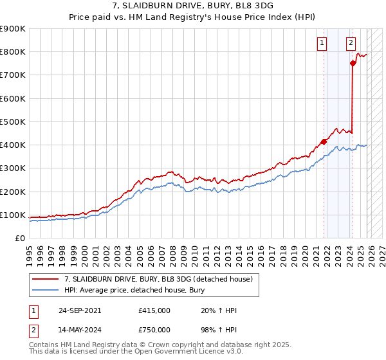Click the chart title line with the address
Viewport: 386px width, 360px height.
[x=192, y=4]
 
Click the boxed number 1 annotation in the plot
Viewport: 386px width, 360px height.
[x=321, y=44]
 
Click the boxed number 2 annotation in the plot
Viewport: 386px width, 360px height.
[x=351, y=44]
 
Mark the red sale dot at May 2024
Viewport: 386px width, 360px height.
[x=353, y=63]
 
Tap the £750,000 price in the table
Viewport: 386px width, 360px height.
[x=154, y=330]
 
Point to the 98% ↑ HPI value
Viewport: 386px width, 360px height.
[x=218, y=330]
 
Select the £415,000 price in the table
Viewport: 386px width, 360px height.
[x=154, y=310]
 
